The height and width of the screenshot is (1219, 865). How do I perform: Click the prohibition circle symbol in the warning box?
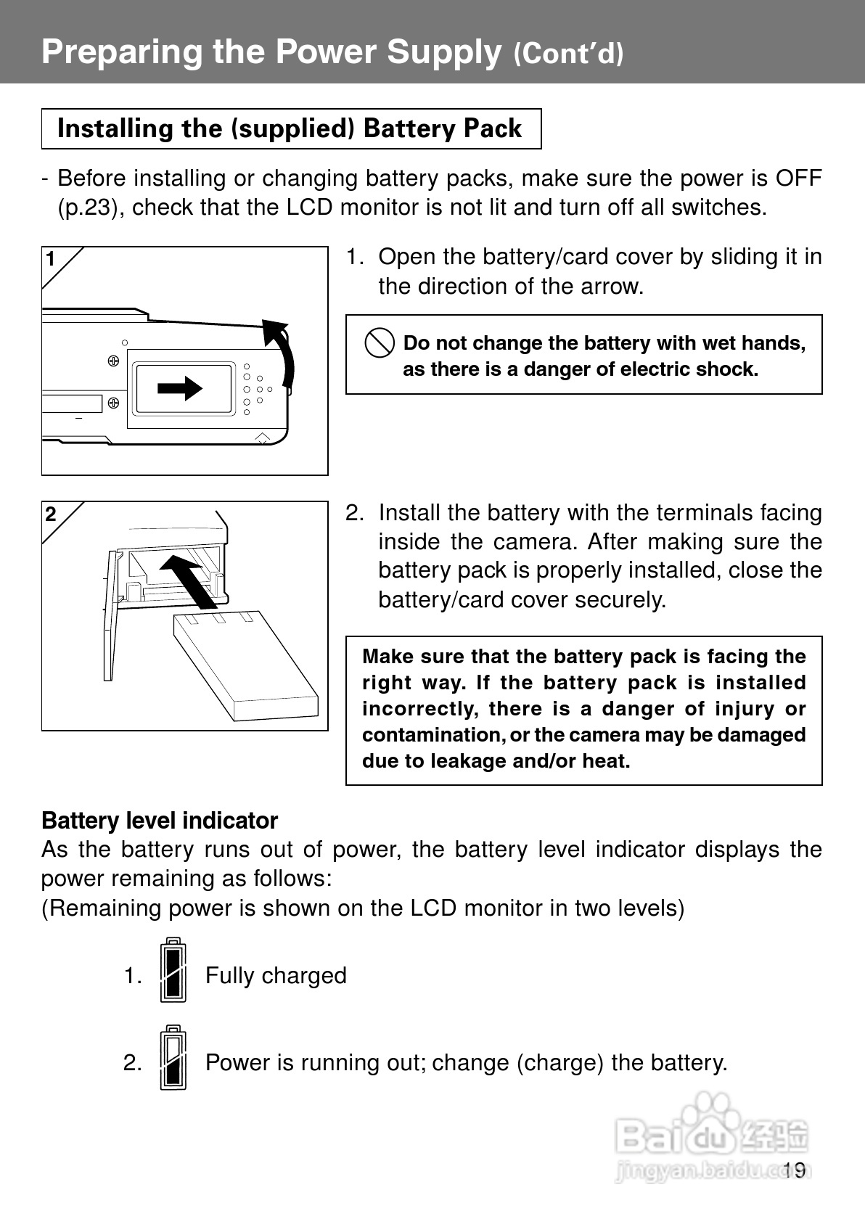tap(380, 342)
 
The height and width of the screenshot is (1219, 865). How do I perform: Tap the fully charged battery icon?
tap(173, 971)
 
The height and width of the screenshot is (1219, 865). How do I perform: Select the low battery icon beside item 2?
tap(173, 1058)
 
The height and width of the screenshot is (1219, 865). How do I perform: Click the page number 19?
tap(795, 1170)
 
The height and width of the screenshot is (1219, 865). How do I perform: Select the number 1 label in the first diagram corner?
tap(51, 259)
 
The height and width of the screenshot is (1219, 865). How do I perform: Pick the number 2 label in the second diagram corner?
tap(51, 514)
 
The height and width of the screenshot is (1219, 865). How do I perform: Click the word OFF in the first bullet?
tap(798, 178)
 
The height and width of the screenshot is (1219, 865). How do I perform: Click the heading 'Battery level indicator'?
tap(160, 821)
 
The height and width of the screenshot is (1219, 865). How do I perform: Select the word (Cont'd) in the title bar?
tap(568, 54)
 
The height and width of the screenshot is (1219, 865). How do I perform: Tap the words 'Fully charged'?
tap(276, 976)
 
